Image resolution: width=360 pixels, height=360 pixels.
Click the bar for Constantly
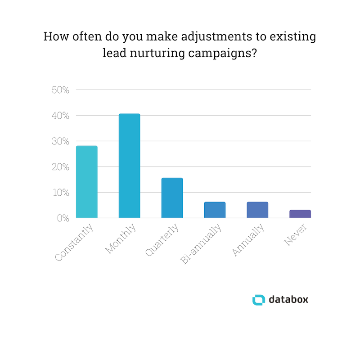[87, 182]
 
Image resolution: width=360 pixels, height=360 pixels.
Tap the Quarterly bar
[172, 198]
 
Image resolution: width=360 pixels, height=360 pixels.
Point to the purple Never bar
[300, 214]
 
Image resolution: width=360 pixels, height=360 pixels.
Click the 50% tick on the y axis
[60, 90]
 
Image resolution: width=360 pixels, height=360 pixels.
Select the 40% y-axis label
[60, 116]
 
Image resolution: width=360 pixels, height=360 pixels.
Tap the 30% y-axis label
[60, 141]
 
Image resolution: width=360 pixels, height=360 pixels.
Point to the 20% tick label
[60, 167]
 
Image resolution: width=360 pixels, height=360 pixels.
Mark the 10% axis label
[60, 193]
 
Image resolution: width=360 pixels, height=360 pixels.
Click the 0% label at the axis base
[63, 218]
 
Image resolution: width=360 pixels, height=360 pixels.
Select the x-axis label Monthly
[121, 239]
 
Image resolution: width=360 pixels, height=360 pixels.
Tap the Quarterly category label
[162, 240]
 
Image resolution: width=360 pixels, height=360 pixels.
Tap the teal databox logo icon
[259, 299]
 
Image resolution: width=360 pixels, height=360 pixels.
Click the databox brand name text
[288, 299]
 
